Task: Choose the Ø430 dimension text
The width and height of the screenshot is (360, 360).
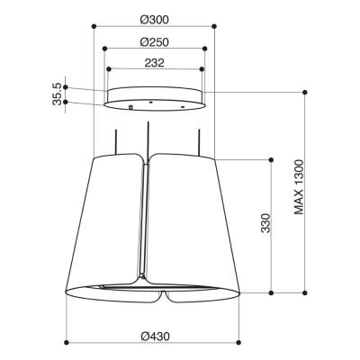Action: tap(156, 336)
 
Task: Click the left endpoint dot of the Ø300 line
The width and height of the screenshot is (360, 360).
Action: tap(95, 29)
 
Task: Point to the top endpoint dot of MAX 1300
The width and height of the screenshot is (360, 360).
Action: tap(308, 92)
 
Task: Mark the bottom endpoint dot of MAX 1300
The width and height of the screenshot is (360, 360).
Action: tap(308, 293)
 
